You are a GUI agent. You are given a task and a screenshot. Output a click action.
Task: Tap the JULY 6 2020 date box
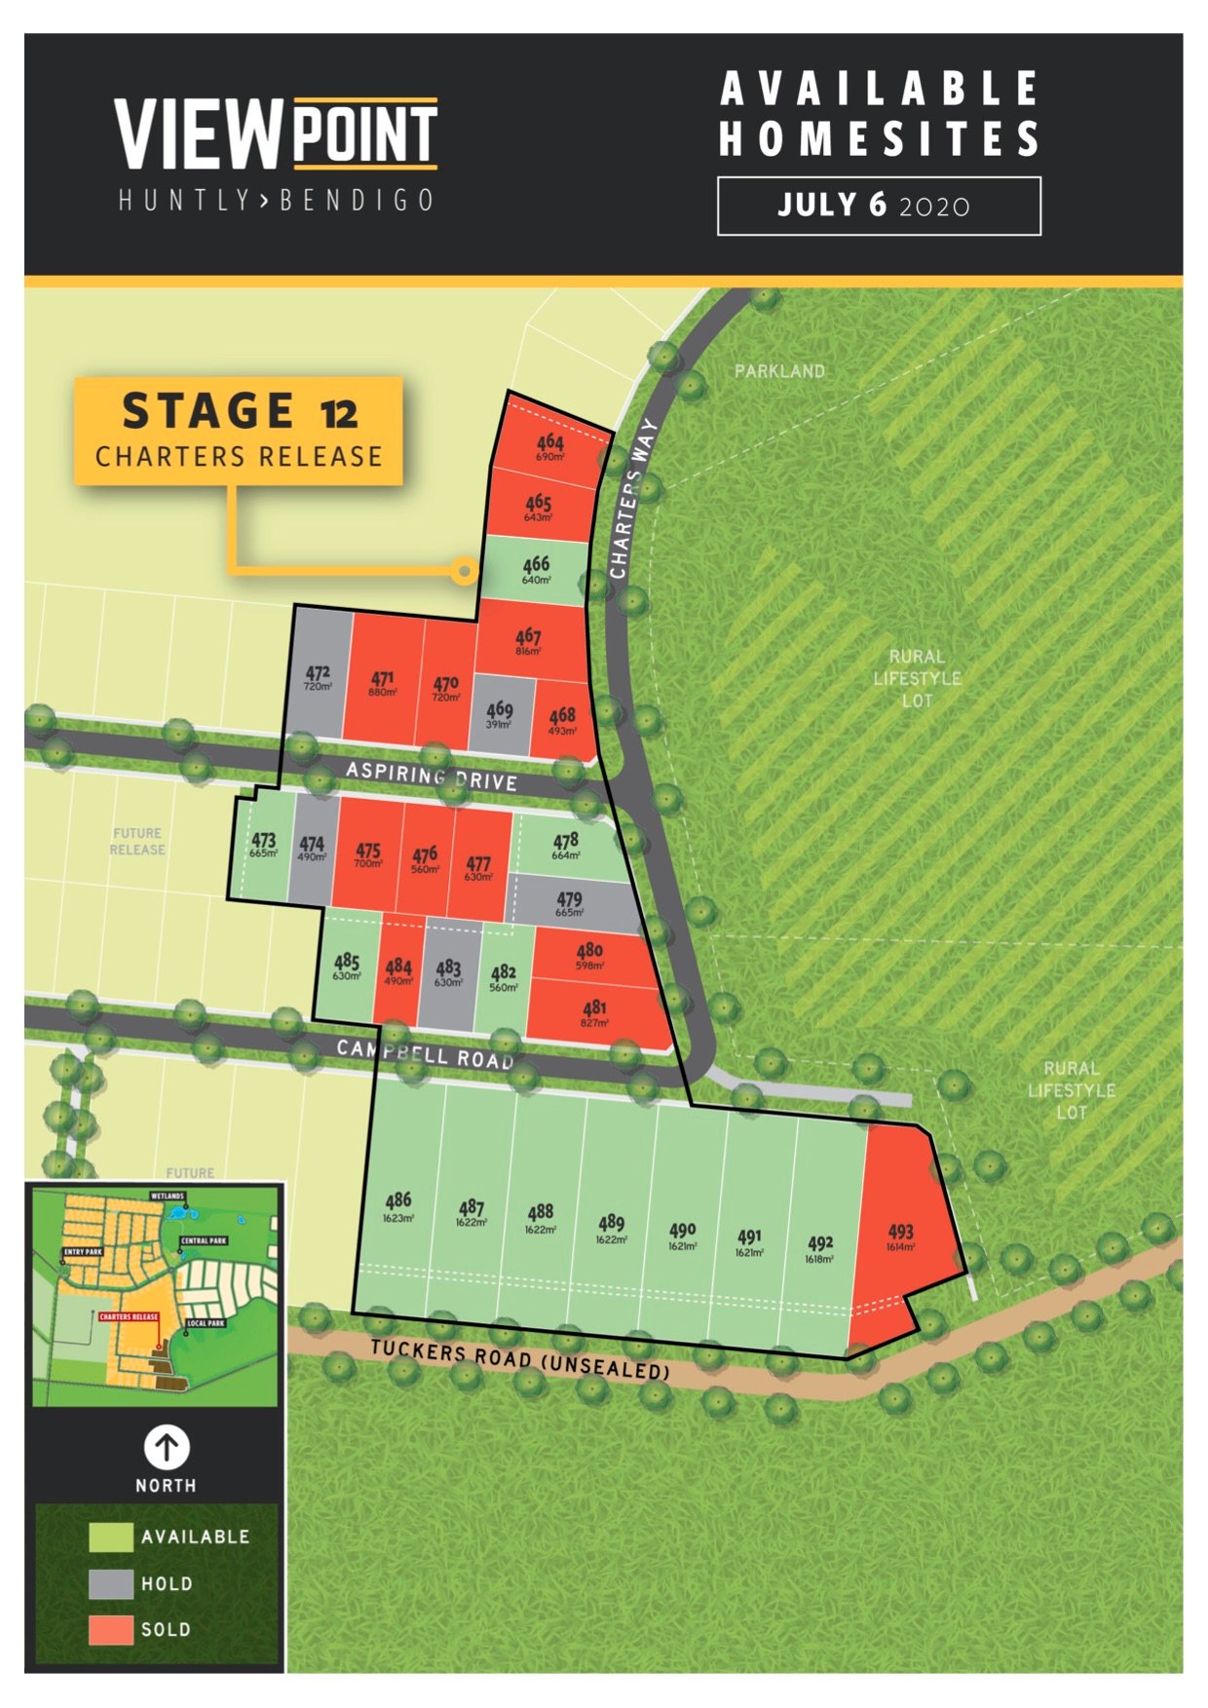tap(878, 206)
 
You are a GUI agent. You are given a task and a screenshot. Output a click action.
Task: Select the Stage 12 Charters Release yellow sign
tap(239, 431)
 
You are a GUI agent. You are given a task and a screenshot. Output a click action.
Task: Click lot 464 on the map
tap(549, 447)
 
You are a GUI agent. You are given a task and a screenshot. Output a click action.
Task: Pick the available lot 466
tap(536, 569)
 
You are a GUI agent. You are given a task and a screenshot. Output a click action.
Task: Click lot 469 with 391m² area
tap(500, 715)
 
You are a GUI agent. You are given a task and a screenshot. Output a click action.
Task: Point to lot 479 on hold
tap(570, 904)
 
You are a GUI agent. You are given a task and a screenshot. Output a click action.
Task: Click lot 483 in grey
tap(449, 972)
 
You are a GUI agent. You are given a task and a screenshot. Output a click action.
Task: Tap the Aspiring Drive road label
tap(432, 777)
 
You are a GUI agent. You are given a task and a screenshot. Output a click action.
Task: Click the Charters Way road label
tap(632, 498)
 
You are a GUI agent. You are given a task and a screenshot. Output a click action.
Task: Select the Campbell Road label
tap(425, 1054)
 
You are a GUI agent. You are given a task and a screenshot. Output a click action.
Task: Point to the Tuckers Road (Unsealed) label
tap(520, 1359)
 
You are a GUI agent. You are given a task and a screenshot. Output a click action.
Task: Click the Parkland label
tap(779, 371)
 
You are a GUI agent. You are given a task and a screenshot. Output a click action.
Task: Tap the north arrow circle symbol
tap(167, 1447)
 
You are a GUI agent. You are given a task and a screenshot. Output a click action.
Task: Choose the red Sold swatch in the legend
tap(111, 1629)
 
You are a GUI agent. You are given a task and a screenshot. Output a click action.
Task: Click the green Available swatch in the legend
tap(111, 1537)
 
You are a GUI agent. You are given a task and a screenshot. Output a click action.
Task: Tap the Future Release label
tap(137, 841)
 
